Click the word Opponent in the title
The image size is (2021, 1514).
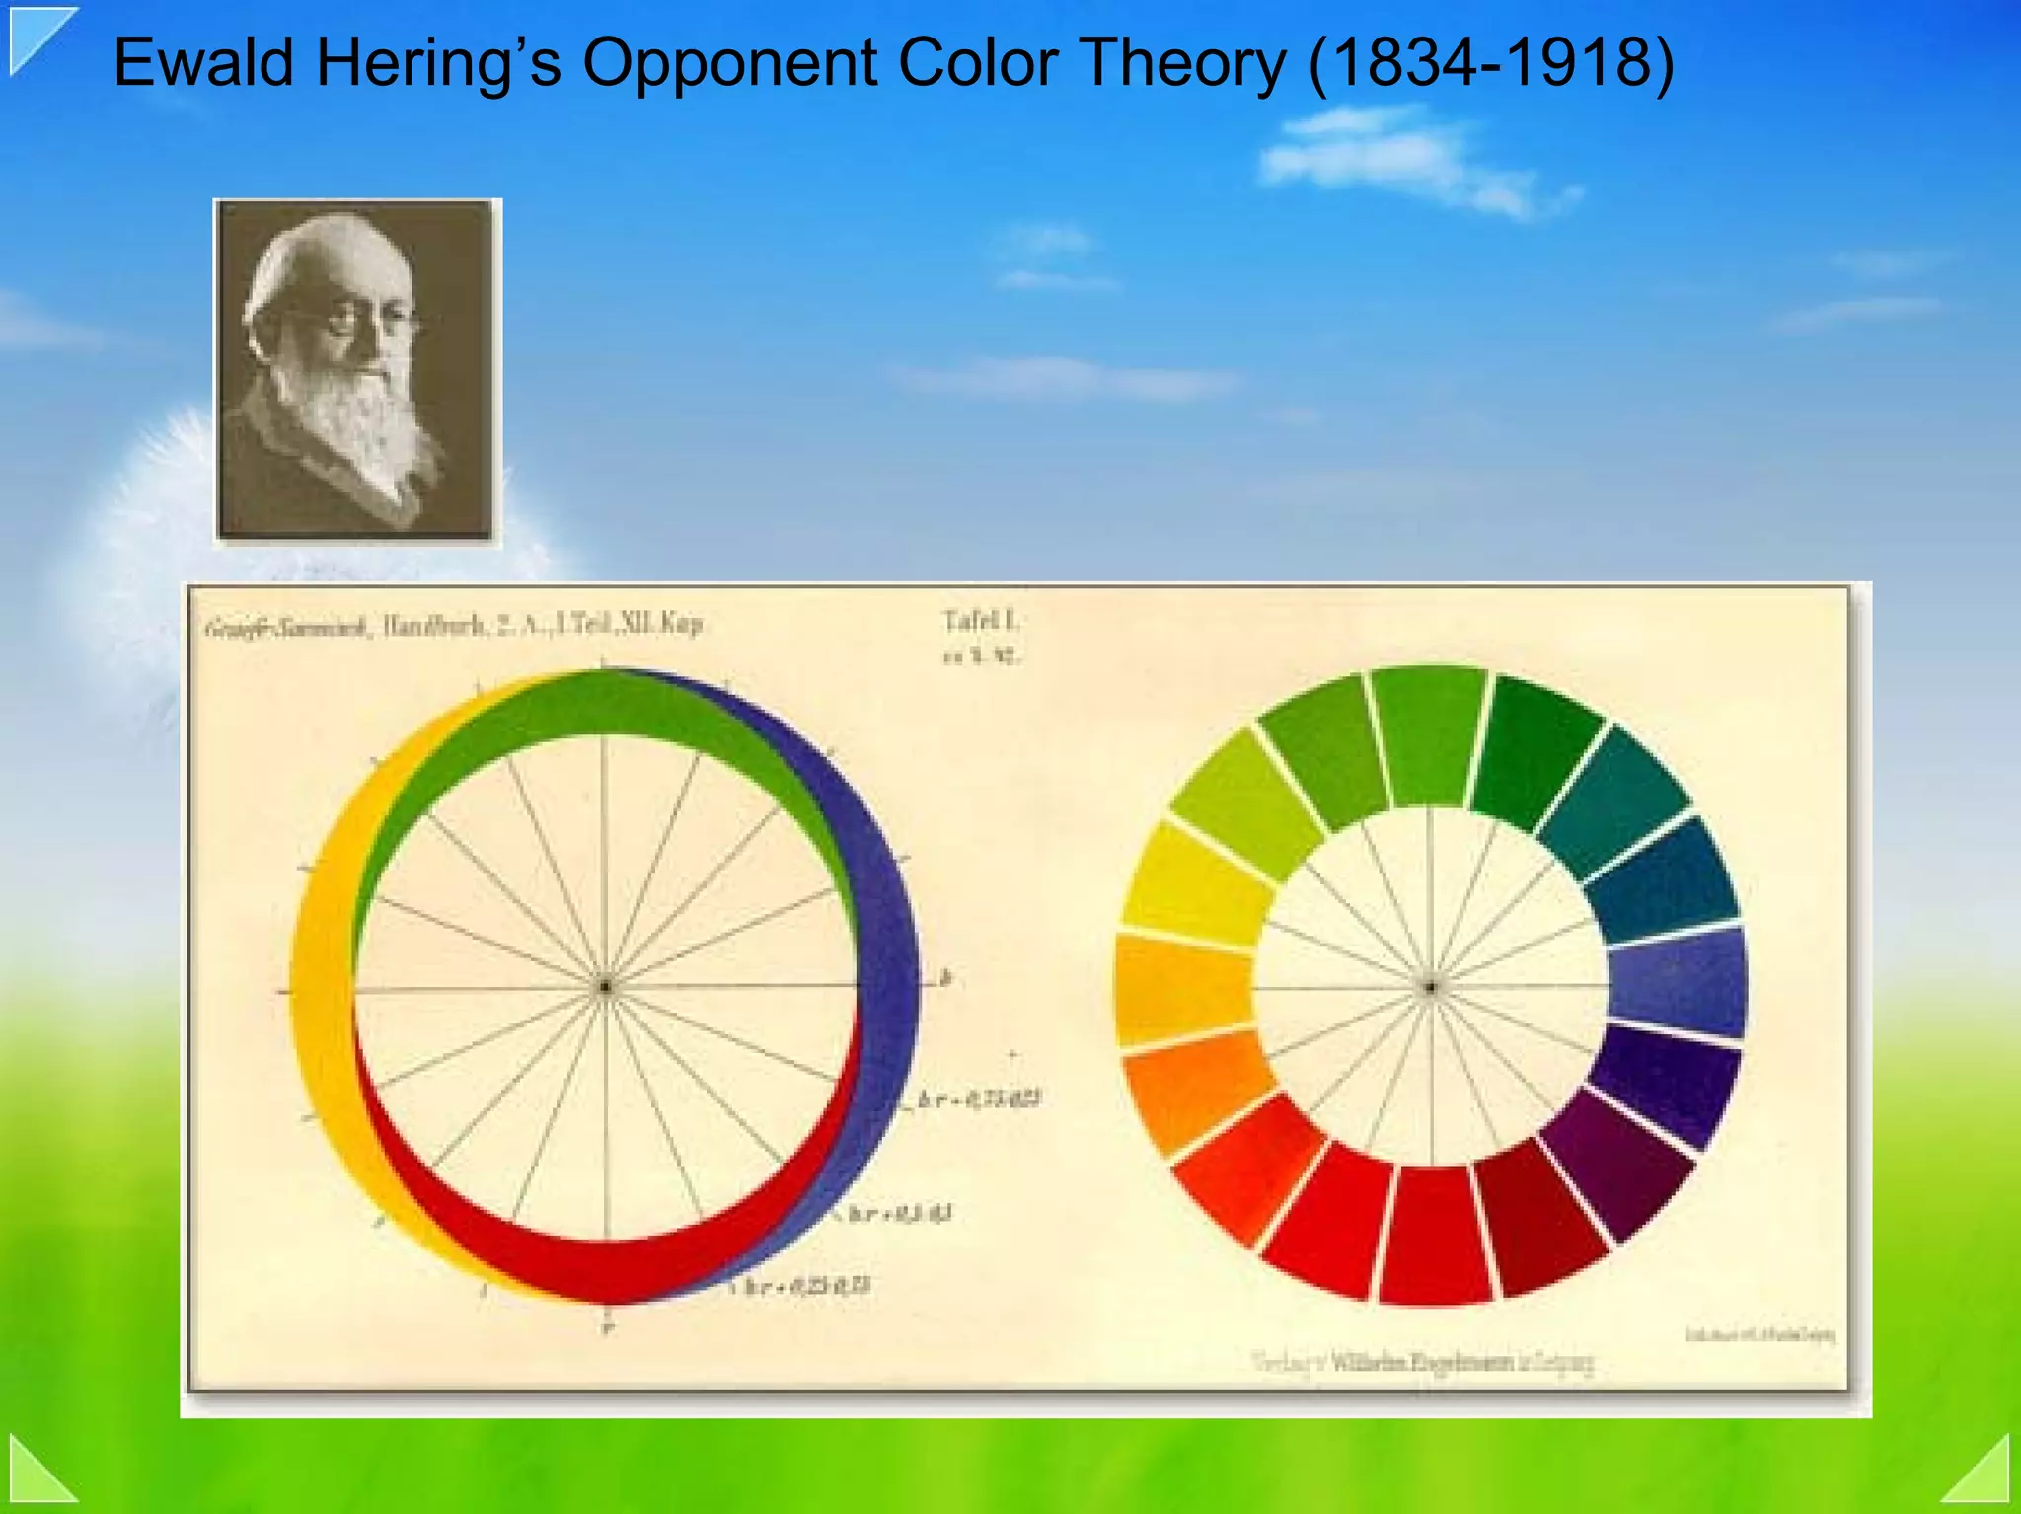click(x=730, y=63)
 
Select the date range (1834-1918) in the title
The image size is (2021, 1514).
click(x=1491, y=63)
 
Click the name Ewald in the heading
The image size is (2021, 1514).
click(x=203, y=63)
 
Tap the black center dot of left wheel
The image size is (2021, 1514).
click(x=605, y=986)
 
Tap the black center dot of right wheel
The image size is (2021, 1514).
click(x=1430, y=986)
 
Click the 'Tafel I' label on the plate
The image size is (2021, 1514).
click(x=980, y=621)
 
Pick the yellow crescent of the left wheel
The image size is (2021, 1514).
click(x=321, y=987)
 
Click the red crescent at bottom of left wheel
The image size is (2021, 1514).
click(x=602, y=1268)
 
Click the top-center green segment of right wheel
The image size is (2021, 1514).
click(x=1430, y=735)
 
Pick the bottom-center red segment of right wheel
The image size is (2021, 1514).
click(x=1434, y=1234)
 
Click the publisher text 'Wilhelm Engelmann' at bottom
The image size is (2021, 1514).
click(x=1421, y=1363)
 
